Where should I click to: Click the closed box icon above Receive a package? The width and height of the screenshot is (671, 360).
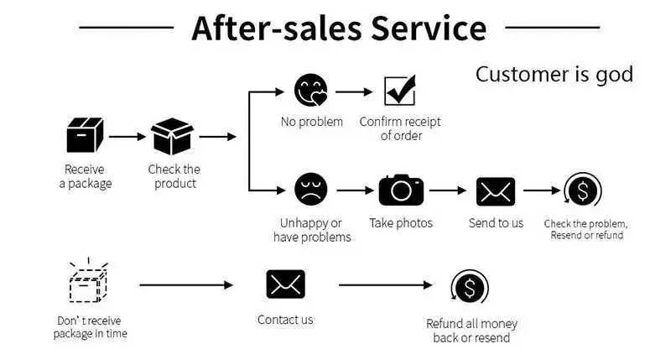tap(85, 136)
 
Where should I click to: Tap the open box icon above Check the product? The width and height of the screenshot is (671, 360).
tap(172, 136)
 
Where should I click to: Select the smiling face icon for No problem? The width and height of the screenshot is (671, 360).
tap(311, 91)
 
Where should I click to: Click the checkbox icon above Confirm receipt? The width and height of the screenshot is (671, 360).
tap(399, 91)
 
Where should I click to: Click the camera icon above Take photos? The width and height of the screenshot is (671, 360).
tap(401, 190)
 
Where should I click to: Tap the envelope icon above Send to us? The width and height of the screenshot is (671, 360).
tap(495, 191)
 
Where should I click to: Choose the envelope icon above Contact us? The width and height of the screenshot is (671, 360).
tap(285, 284)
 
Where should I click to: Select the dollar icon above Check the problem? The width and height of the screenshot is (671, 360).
tap(583, 190)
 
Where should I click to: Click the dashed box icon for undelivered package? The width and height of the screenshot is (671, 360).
tap(88, 283)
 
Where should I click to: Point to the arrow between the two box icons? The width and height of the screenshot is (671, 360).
tap(127, 136)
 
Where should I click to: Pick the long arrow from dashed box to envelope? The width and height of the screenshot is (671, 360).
tap(186, 285)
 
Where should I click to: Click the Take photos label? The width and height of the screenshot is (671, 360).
tap(401, 223)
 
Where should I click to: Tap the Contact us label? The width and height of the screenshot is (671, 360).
tap(285, 320)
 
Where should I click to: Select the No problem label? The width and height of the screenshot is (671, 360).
tap(311, 123)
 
